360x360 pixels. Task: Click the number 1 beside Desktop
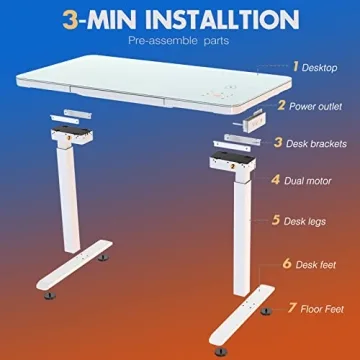(297, 66)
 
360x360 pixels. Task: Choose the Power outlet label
(318, 105)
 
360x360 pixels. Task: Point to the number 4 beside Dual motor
(275, 180)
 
